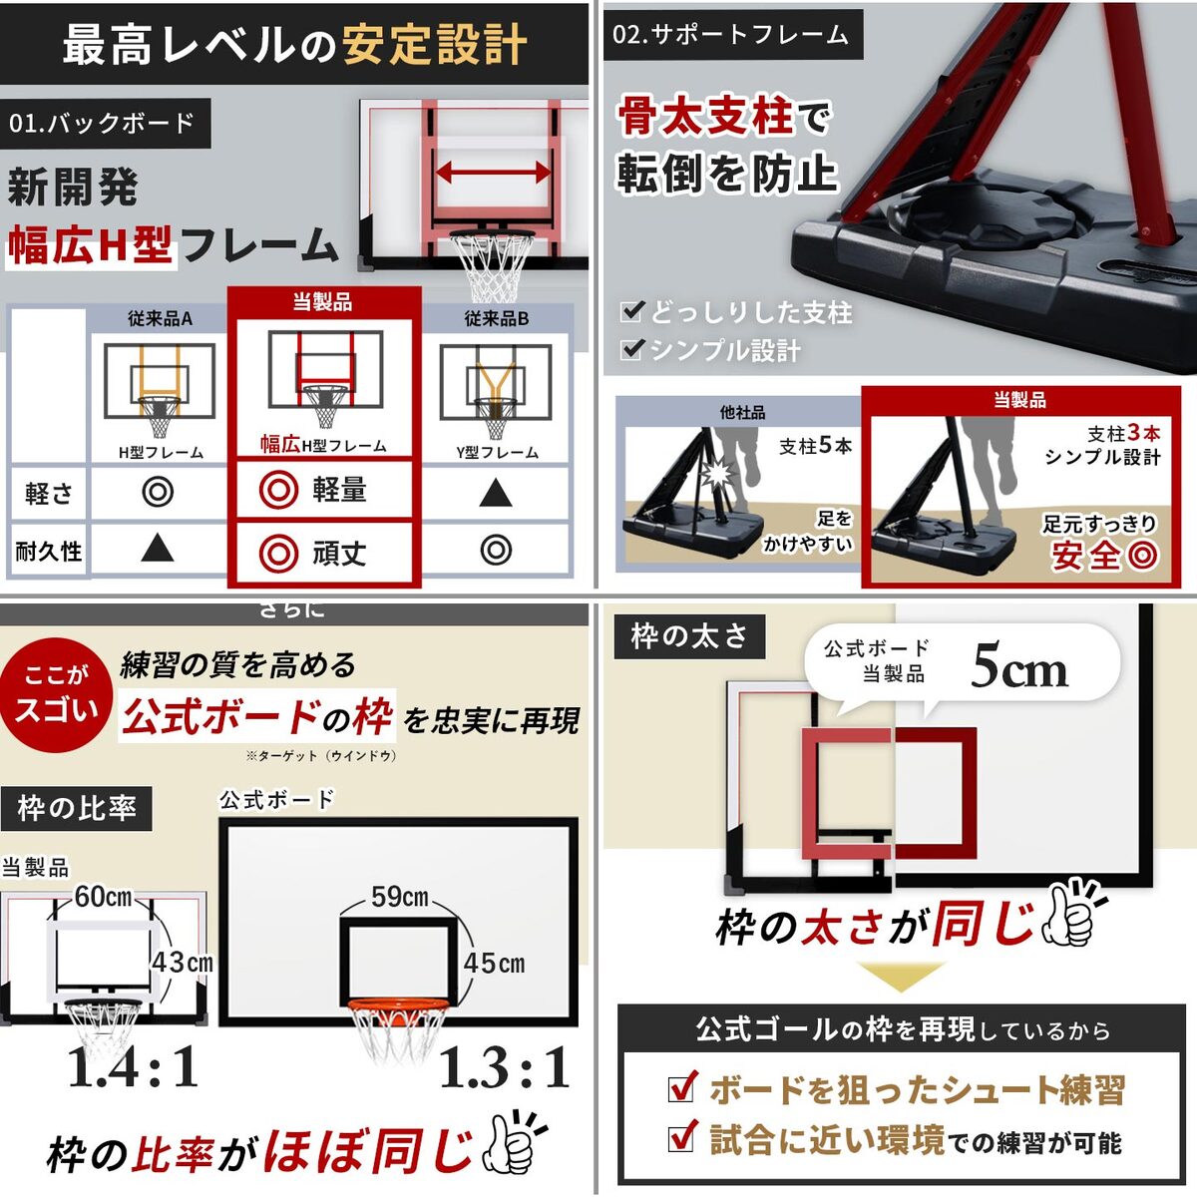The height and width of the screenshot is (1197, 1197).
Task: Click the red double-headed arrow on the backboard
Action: tap(493, 172)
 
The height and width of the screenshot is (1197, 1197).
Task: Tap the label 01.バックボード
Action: tap(103, 124)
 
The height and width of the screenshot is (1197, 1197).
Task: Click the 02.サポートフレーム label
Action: tap(730, 35)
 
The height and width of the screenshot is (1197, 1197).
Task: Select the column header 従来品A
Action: tap(160, 319)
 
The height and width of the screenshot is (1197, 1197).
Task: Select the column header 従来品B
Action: tap(496, 319)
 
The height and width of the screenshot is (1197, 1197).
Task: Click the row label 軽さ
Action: tap(49, 493)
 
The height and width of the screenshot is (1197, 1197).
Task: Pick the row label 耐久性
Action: tap(49, 551)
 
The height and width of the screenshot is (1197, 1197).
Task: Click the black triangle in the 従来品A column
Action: tap(158, 548)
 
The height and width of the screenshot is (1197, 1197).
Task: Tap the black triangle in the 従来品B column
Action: tap(496, 492)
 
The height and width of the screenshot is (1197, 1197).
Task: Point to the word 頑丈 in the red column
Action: tap(339, 553)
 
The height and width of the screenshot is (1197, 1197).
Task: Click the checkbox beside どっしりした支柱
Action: tap(631, 312)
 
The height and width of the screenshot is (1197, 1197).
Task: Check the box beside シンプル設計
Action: tap(631, 349)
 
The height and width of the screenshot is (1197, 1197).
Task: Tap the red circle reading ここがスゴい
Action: tap(56, 693)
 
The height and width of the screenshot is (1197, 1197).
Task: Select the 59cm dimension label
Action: tap(399, 897)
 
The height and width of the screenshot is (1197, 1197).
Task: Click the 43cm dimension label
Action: tap(182, 963)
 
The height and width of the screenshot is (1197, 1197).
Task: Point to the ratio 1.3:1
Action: tap(504, 1068)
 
